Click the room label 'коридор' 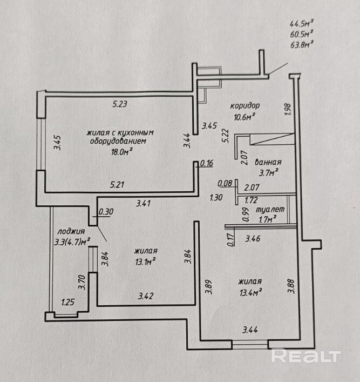(x=245, y=106)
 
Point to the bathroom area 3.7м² (x=268, y=172)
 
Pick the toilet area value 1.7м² (x=268, y=219)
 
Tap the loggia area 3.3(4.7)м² (x=72, y=242)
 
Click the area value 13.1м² (x=145, y=262)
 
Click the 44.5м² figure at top (x=302, y=24)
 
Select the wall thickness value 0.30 (x=106, y=212)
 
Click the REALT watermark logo (x=306, y=356)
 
